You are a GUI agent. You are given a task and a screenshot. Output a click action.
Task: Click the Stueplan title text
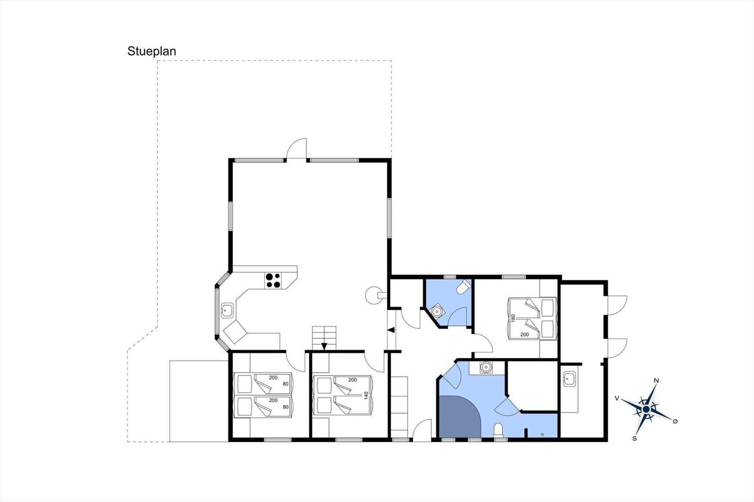[x=151, y=51]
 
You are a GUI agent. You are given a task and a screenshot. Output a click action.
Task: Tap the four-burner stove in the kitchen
[x=273, y=281]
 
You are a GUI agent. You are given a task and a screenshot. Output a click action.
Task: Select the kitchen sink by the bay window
[x=228, y=310]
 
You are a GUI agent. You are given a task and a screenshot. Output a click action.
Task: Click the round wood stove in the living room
[x=373, y=295]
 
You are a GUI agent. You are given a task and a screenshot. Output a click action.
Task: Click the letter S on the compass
[x=634, y=438]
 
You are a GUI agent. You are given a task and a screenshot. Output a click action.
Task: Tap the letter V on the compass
[x=617, y=398]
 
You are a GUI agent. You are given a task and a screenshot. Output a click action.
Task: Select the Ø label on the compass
[x=675, y=421]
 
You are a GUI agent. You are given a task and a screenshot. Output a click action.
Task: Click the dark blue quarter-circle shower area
[x=459, y=417]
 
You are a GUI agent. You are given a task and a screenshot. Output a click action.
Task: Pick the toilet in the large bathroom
[x=498, y=431]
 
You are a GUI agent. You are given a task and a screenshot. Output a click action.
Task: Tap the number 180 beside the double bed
[x=513, y=318]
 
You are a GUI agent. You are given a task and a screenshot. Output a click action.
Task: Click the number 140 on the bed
[x=366, y=396]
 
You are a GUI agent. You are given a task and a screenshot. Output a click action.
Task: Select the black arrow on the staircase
[x=324, y=346]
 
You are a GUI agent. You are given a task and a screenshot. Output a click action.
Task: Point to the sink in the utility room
[x=569, y=380]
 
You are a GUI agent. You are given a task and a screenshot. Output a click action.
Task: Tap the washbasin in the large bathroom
[x=486, y=366]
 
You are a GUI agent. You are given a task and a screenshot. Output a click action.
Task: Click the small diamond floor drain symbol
[x=542, y=434]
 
